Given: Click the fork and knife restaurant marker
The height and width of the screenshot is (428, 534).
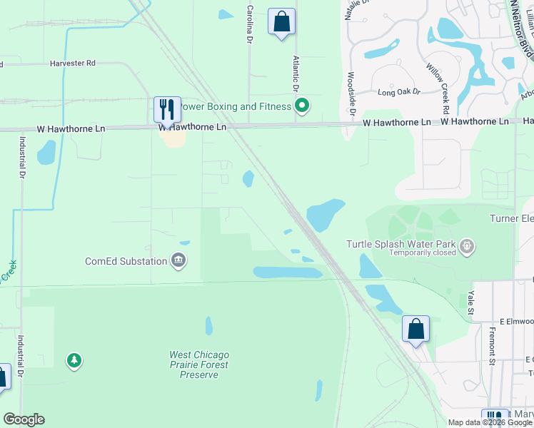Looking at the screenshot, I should (x=167, y=111).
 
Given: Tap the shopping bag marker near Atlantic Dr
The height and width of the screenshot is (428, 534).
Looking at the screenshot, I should (x=282, y=21).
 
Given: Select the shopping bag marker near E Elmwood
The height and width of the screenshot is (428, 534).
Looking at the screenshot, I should (x=415, y=330).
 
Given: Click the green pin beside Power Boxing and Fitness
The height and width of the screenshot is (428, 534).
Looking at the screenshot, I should (x=302, y=106).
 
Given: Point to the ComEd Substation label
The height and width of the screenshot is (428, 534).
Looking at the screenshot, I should (x=126, y=261).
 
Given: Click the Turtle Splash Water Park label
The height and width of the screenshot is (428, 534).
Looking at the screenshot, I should (x=401, y=243).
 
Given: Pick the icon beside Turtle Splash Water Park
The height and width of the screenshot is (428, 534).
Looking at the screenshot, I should (x=467, y=247).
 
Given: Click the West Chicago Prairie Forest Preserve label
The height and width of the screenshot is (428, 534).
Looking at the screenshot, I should (x=199, y=365).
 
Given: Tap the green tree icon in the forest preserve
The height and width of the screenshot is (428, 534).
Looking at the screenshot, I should (x=74, y=361).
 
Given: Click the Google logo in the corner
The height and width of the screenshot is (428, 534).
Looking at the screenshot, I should (x=24, y=419).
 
